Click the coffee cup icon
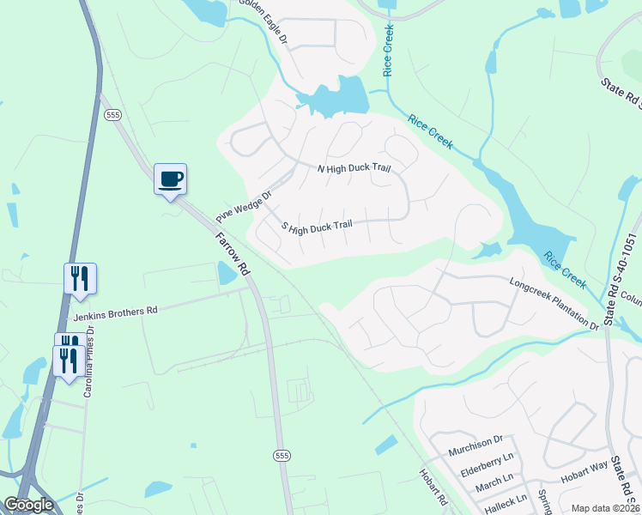[x=170, y=179]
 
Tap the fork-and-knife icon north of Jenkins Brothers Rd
[x=80, y=278]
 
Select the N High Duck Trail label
[x=354, y=168]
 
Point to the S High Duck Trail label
[x=317, y=227]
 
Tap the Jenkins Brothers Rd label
[x=117, y=313]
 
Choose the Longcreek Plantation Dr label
[x=554, y=303]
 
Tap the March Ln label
[x=494, y=479]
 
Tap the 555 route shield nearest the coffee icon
[x=112, y=114]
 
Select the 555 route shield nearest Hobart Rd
[x=281, y=455]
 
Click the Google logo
[x=29, y=505]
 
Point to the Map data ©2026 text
[x=605, y=508]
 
